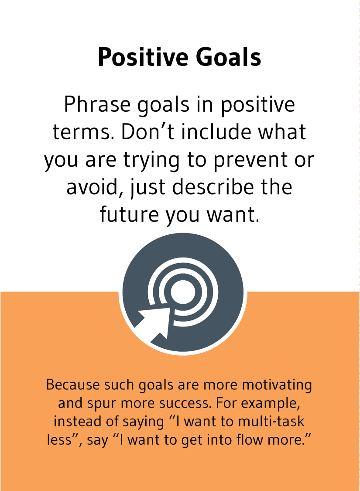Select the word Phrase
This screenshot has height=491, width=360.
pyautogui.click(x=91, y=106)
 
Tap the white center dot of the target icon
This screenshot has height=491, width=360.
pyautogui.click(x=181, y=291)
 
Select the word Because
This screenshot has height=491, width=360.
pyautogui.click(x=72, y=385)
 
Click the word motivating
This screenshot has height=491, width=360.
pyautogui.click(x=277, y=385)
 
